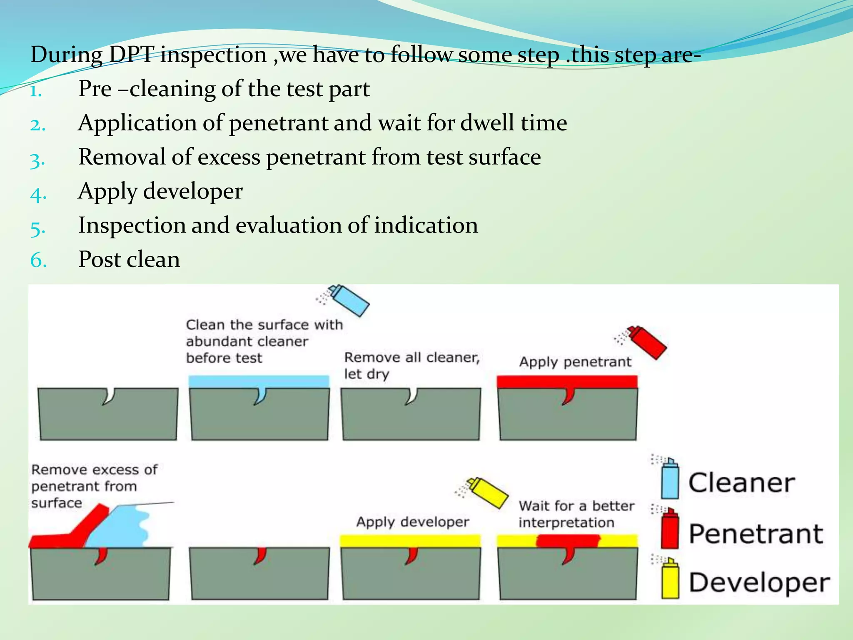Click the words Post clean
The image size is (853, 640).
coord(129,260)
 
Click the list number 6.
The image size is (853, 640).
coord(38,261)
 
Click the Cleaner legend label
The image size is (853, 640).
coord(741,483)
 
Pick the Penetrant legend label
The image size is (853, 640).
coord(756,534)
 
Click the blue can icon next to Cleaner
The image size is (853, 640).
coord(670,480)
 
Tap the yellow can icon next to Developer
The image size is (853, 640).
coord(670,579)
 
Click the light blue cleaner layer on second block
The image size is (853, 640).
coord(258,381)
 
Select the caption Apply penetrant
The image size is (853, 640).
coord(575,362)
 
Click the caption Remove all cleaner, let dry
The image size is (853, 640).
coord(412,365)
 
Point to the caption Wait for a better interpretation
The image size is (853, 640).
coord(576,514)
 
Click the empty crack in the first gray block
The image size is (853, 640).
coord(108,396)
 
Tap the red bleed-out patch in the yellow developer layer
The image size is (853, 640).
coord(567,541)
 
